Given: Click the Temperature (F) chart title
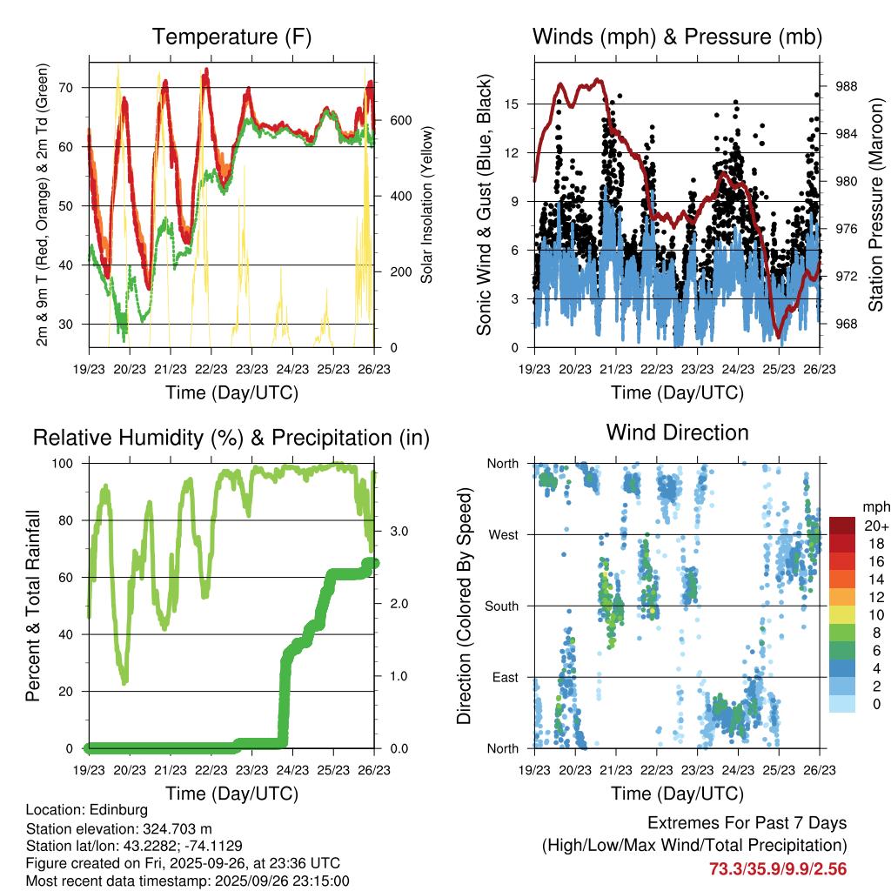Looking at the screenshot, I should click(x=231, y=37).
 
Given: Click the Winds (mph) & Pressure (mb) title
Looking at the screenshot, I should click(x=677, y=37).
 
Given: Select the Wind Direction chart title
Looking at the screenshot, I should click(x=677, y=432).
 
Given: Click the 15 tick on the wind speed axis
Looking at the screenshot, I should click(x=512, y=104).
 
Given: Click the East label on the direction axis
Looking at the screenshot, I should click(x=504, y=677).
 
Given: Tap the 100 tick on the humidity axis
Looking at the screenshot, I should click(x=70, y=464).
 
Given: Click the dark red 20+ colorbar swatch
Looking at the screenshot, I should click(x=842, y=526).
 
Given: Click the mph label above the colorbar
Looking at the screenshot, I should click(x=874, y=506).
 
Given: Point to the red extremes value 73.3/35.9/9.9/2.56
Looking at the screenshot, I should click(x=778, y=868).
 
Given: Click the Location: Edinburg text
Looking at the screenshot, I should click(x=87, y=810).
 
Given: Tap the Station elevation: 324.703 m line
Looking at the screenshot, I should click(x=119, y=828).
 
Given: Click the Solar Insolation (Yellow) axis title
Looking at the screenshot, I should click(x=427, y=205).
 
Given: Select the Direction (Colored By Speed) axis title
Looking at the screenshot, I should click(x=464, y=606).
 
